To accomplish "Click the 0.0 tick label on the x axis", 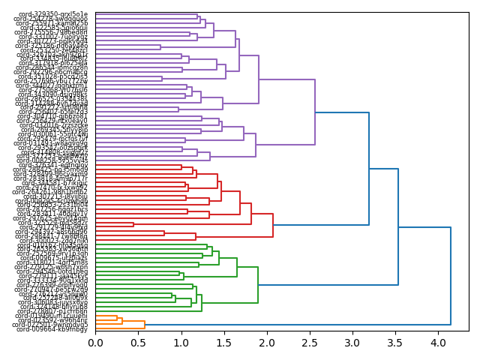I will coord(95,343).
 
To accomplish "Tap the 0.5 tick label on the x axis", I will coord(138,343).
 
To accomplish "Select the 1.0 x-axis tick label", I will coord(181,343).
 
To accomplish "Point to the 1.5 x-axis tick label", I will coord(223,343).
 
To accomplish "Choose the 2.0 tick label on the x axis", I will coord(266,343).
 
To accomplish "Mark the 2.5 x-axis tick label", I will coord(309,343).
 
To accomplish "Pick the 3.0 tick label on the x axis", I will coord(352,343).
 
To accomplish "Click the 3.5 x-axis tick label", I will coord(394,343).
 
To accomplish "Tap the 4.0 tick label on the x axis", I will coord(437,343).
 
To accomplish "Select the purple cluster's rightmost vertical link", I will coord(315,112).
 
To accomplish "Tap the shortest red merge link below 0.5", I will coord(133,224).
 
